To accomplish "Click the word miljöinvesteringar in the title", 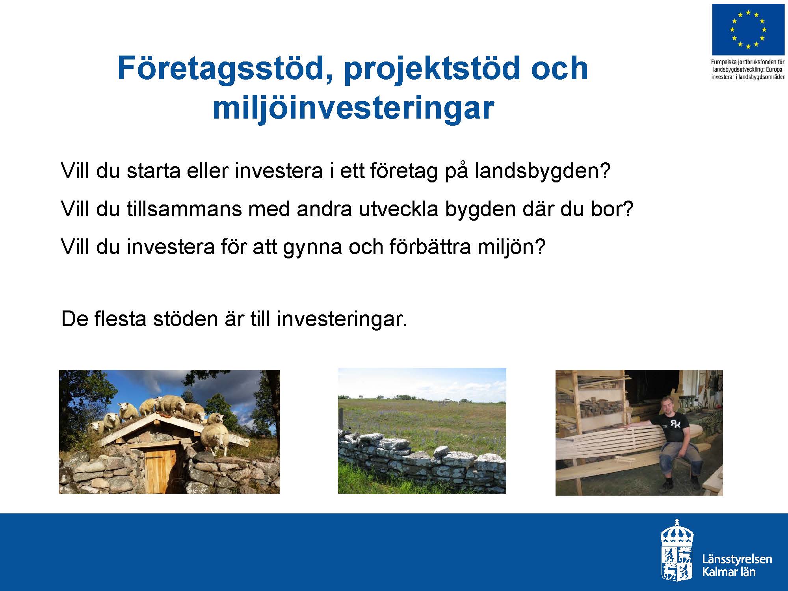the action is pyautogui.click(x=353, y=108).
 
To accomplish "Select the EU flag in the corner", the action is pyautogui.click(x=747, y=30).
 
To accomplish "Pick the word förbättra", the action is pyautogui.click(x=430, y=247).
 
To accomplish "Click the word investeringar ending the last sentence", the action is pyautogui.click(x=342, y=320).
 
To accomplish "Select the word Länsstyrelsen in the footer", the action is pyautogui.click(x=737, y=559).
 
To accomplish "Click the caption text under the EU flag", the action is pyautogui.click(x=748, y=69).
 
